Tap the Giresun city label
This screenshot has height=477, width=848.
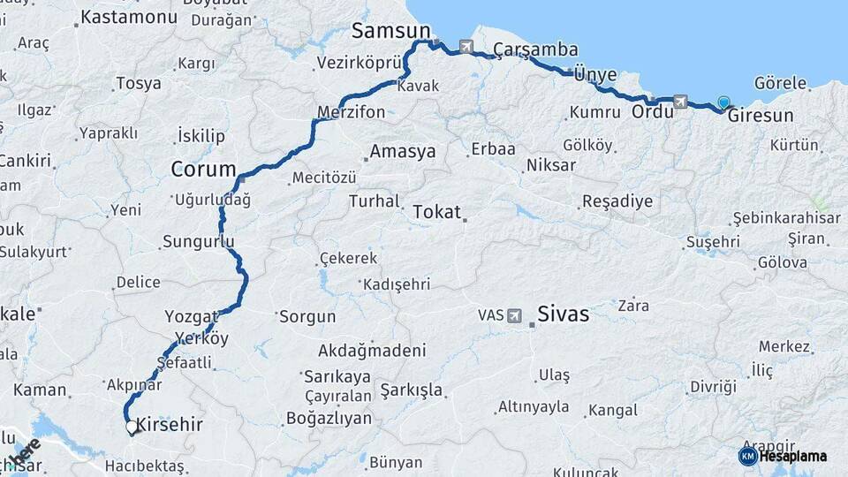tap(761, 116)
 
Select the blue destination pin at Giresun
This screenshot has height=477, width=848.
tap(724, 103)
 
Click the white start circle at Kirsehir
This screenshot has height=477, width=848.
tap(132, 428)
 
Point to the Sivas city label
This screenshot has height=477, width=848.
tap(563, 314)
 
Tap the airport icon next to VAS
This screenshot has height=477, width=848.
tap(515, 314)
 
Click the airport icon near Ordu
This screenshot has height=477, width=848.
tap(679, 102)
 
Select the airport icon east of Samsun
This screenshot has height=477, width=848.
tap(466, 47)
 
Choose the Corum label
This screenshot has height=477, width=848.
tap(203, 169)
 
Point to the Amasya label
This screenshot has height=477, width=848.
tap(403, 152)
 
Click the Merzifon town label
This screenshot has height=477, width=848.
tap(352, 112)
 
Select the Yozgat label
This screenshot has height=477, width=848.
tap(191, 316)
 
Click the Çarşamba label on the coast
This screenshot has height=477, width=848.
tap(536, 49)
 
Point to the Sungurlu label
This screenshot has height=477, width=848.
tap(199, 241)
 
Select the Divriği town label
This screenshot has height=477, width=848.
tap(713, 387)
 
